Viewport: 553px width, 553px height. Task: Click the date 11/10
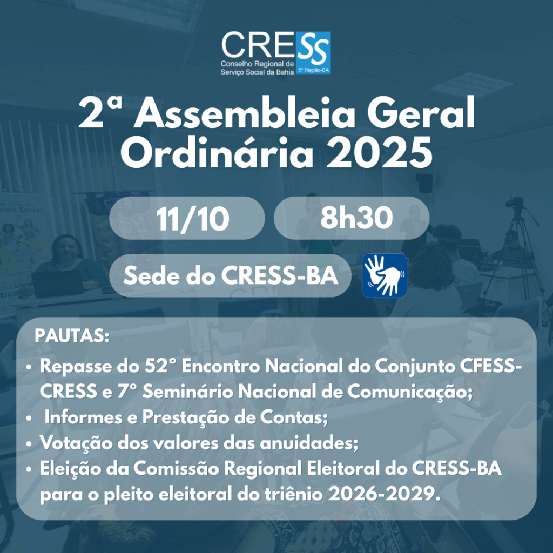[x=186, y=218]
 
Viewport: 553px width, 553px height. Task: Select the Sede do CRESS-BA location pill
[x=231, y=275]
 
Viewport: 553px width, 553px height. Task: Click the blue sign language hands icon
[x=384, y=275]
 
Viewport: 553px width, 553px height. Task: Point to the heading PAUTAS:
[x=72, y=336]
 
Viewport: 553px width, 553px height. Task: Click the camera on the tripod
[x=515, y=204]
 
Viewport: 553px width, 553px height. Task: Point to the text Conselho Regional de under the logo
[x=257, y=64]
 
